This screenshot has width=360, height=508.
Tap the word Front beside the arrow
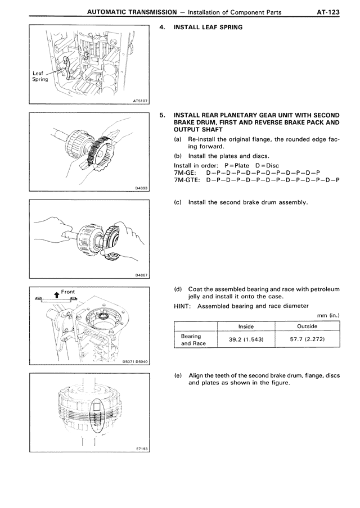click(x=68, y=292)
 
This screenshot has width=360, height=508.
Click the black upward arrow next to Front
click(x=56, y=293)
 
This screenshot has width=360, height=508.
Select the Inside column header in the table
click(x=246, y=326)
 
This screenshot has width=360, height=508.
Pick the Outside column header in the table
click(x=307, y=326)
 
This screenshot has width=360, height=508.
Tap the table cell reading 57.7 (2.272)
click(x=307, y=339)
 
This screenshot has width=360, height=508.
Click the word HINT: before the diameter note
click(x=183, y=306)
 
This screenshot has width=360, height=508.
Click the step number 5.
click(x=163, y=115)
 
